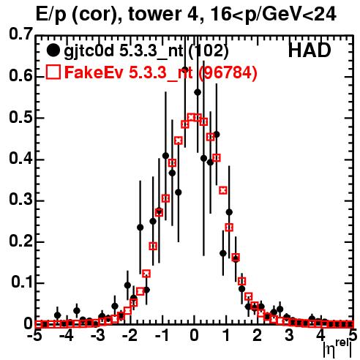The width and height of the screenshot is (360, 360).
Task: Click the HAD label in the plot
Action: coord(310,50)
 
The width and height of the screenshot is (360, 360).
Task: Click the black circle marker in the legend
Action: coord(53,50)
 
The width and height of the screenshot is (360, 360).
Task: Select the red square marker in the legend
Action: coord(53,72)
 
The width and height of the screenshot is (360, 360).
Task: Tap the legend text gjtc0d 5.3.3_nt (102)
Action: coord(146,52)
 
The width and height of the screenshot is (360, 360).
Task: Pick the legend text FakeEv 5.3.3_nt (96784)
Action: coord(161,72)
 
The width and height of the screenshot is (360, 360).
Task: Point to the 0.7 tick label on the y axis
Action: coord(20,34)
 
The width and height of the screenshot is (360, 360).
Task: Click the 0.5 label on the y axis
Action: coord(20,118)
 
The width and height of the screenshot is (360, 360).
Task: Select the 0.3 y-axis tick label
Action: coord(20,200)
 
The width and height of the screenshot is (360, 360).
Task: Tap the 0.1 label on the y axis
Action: coord(21,282)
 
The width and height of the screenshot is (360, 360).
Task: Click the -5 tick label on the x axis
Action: coord(35,336)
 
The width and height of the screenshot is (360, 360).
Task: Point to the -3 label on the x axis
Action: coord(97,336)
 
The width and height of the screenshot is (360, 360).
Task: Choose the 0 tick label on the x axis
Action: coord(194,336)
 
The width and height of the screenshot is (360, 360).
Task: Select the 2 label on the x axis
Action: coord(258,336)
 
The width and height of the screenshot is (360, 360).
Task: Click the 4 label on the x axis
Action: coord(320,336)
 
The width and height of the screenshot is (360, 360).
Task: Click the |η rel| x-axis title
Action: coord(337,349)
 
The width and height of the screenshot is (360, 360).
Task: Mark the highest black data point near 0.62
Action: coord(185,70)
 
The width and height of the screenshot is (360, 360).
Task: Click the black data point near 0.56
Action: coord(198,92)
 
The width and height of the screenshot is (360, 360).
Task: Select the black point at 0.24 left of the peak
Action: coord(140,228)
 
